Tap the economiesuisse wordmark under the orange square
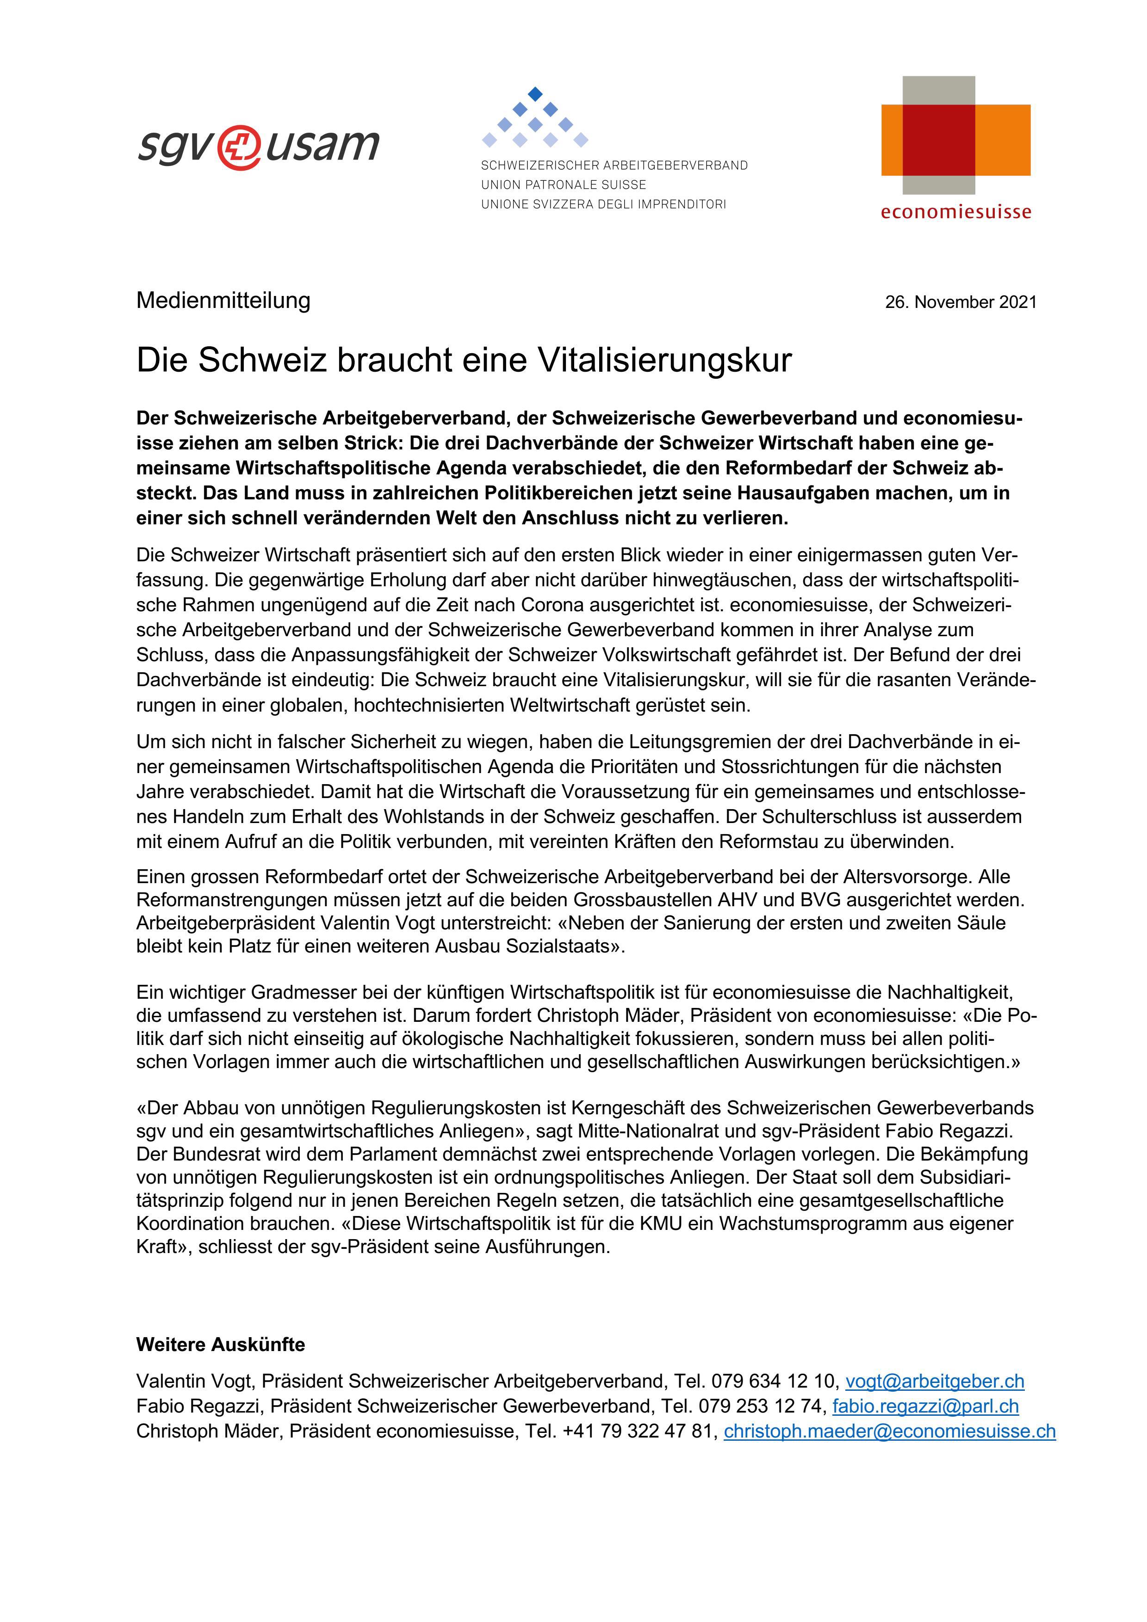click(x=955, y=212)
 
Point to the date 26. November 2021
click(x=961, y=302)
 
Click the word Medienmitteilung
click(x=223, y=300)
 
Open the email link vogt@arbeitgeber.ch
click(x=934, y=1381)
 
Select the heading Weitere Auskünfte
click(x=221, y=1345)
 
